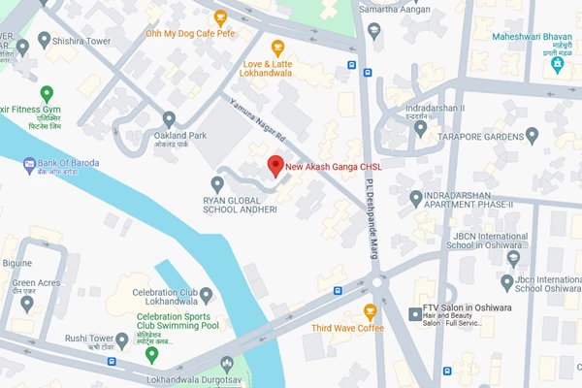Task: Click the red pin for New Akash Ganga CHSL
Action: click(275, 164)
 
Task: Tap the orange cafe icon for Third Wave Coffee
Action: click(370, 311)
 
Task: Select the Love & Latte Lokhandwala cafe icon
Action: click(278, 48)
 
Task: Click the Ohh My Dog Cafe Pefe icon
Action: click(220, 16)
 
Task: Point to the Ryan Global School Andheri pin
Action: click(219, 183)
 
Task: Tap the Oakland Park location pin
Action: click(169, 118)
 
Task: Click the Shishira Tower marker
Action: click(44, 40)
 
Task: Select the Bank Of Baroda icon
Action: click(28, 162)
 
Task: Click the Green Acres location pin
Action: click(26, 302)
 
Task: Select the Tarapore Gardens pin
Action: click(532, 135)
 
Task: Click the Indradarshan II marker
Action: click(420, 127)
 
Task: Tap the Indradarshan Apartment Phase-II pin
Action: click(416, 199)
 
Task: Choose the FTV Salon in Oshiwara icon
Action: click(415, 311)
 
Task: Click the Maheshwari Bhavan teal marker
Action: click(557, 64)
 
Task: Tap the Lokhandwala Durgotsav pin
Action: click(227, 365)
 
